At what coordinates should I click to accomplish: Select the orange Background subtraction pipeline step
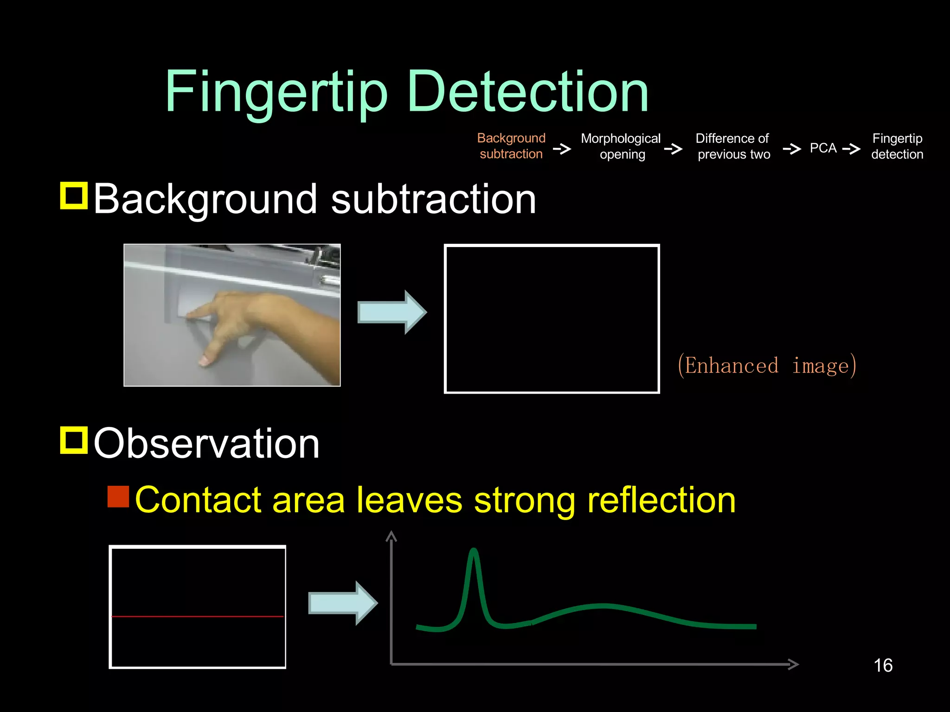tap(511, 146)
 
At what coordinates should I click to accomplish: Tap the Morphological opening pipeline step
tap(621, 146)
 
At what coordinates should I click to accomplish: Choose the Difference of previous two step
tap(733, 146)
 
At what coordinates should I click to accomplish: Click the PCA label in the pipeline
tap(823, 148)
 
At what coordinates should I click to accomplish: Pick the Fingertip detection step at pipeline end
tap(897, 146)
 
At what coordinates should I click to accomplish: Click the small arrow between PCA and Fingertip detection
tap(852, 149)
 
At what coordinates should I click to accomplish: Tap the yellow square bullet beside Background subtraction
tap(74, 196)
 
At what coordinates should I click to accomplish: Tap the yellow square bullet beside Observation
tap(74, 440)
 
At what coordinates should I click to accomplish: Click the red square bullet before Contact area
tap(118, 496)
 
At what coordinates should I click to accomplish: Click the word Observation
tap(207, 444)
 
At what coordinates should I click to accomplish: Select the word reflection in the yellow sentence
tap(661, 501)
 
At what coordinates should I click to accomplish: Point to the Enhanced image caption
tap(766, 366)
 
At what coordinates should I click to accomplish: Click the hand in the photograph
tap(260, 320)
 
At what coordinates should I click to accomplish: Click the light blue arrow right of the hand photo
tap(392, 312)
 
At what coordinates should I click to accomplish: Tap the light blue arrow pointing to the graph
tap(343, 603)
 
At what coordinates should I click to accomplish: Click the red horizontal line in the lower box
tap(198, 617)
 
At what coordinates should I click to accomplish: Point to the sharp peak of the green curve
tap(474, 552)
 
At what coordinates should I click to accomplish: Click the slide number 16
tap(883, 666)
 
